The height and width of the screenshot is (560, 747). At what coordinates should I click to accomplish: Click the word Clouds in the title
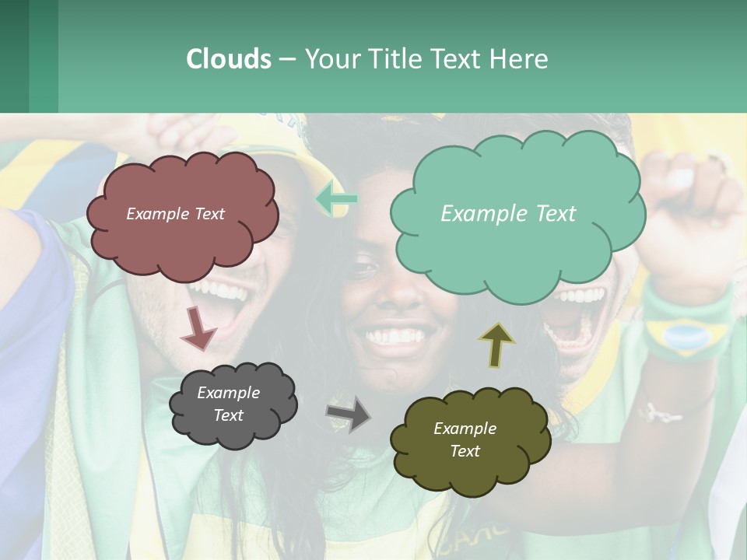tap(228, 59)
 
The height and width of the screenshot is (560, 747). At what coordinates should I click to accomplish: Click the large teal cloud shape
tap(517, 249)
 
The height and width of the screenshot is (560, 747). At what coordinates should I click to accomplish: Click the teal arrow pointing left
tap(337, 200)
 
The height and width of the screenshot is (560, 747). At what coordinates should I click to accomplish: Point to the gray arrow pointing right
tap(348, 414)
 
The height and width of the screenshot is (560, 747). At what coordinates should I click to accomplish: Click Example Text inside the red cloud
tap(175, 214)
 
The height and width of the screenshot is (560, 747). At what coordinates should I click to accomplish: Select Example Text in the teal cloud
tap(508, 214)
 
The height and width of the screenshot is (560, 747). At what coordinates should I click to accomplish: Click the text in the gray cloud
tap(228, 404)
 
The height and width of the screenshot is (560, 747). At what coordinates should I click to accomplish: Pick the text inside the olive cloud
tap(465, 439)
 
